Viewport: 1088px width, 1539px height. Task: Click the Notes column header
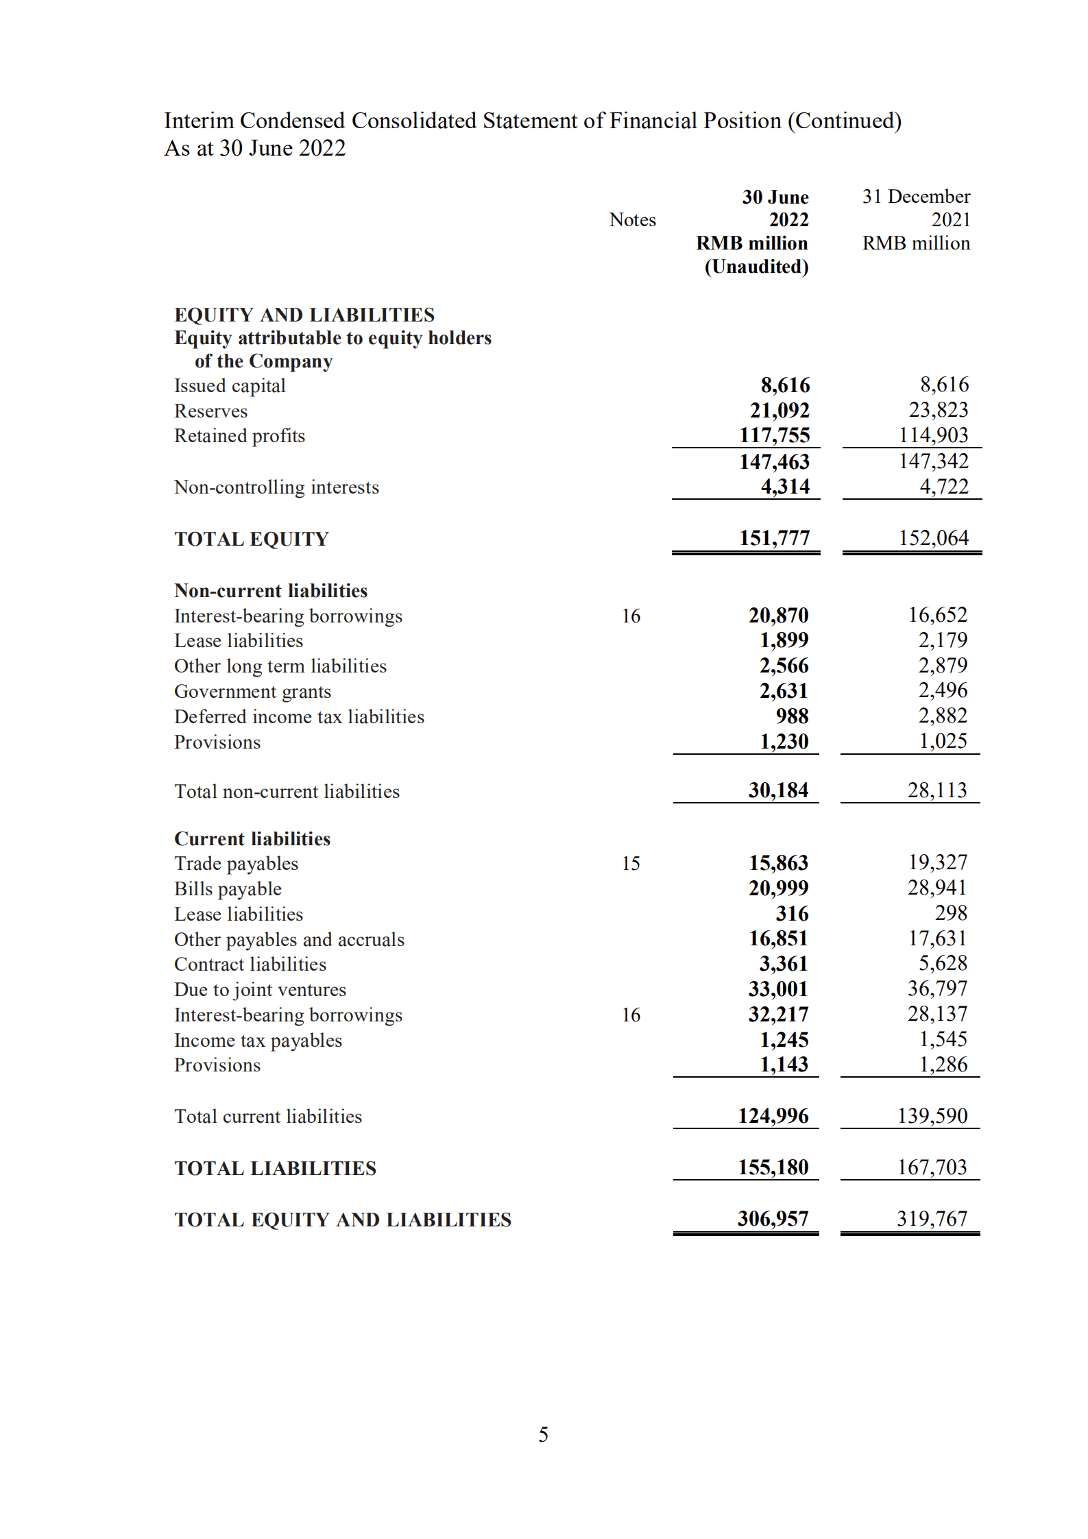[632, 220]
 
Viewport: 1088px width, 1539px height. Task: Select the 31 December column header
[915, 197]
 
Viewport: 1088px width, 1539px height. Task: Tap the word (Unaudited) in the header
[756, 267]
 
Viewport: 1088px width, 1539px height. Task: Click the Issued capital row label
[230, 385]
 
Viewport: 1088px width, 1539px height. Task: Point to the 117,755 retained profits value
[774, 435]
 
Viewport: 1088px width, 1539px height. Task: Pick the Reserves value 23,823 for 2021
[938, 410]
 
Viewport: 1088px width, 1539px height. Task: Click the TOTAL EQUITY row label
[252, 539]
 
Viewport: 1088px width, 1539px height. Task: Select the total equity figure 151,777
[774, 538]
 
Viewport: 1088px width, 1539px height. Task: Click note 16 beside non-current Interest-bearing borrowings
[631, 616]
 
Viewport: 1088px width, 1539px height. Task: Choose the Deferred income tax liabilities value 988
[792, 716]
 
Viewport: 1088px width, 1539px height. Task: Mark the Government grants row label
[252, 692]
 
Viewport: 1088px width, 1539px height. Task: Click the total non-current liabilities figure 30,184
[778, 790]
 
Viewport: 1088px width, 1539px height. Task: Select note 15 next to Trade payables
[631, 864]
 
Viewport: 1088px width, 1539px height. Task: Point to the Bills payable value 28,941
[936, 888]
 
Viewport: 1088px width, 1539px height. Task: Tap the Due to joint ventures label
[260, 990]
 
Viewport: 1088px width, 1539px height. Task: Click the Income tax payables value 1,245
[784, 1040]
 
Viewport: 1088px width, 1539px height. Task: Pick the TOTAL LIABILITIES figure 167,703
[932, 1167]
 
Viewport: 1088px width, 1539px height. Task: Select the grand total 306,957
[773, 1219]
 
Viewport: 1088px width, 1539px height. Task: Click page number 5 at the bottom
[543, 1435]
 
